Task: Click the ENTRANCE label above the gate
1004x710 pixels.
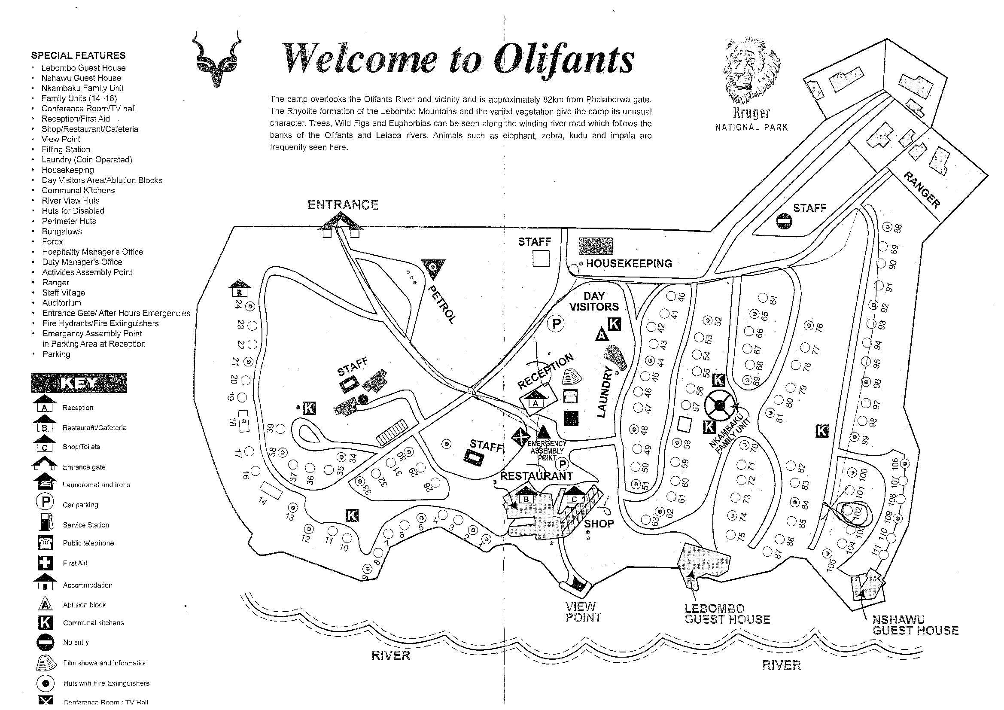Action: coord(343,205)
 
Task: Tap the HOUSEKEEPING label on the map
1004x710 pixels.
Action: coord(629,263)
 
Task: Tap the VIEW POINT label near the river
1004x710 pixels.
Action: coord(583,612)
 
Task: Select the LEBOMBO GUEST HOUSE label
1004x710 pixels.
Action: coord(727,614)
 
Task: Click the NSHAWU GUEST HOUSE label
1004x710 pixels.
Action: coord(915,625)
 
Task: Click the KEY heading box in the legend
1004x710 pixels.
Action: coord(79,383)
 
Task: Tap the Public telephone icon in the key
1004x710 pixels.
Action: coord(46,543)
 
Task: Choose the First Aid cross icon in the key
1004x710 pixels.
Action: coord(46,563)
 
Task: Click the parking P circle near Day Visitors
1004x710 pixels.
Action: coord(556,324)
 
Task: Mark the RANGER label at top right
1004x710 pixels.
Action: coord(922,190)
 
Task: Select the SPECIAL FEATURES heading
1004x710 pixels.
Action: coord(78,55)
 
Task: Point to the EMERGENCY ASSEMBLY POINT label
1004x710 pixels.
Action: coord(547,451)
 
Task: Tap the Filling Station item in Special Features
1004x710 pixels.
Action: coord(66,149)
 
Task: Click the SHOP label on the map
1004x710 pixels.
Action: coord(599,524)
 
